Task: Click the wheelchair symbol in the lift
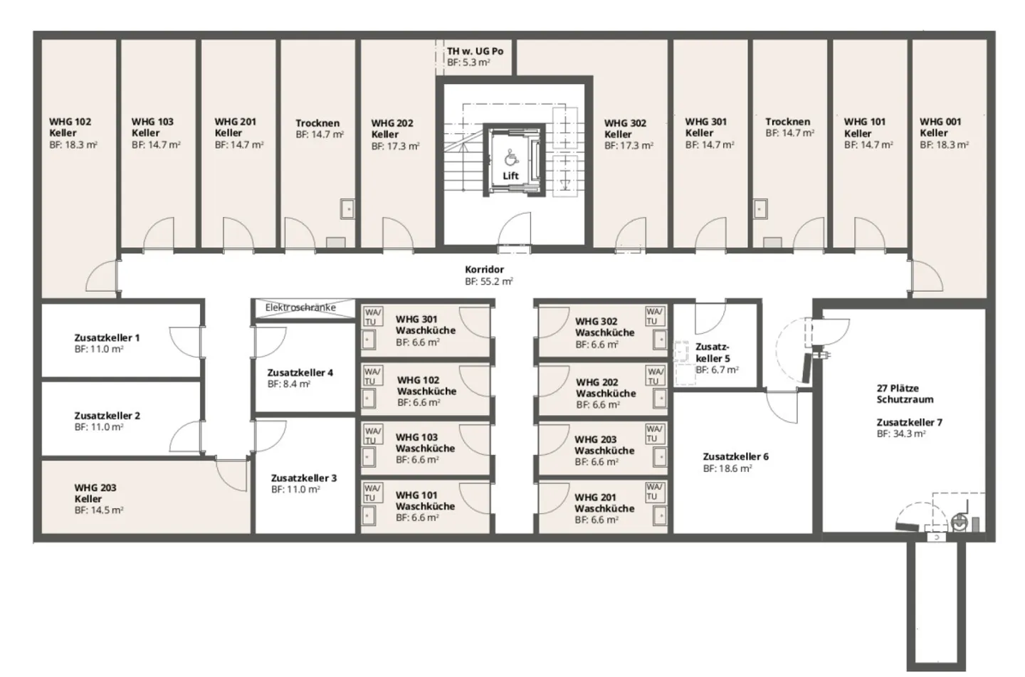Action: click(x=511, y=157)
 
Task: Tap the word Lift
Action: click(x=510, y=176)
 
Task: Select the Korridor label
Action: click(x=484, y=270)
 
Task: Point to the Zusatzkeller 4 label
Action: click(x=300, y=372)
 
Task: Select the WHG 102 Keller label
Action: click(x=70, y=127)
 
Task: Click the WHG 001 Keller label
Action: click(x=940, y=127)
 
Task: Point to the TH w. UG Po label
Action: click(x=475, y=51)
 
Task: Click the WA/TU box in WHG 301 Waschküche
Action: click(x=372, y=316)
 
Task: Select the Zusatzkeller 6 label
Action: click(x=735, y=456)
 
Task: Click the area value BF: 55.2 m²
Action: click(x=488, y=281)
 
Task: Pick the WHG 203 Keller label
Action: click(x=95, y=493)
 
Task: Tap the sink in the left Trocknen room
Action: click(x=347, y=209)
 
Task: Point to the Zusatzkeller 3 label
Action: click(x=304, y=478)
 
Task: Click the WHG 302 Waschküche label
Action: click(x=604, y=327)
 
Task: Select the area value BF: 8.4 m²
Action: click(x=288, y=384)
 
